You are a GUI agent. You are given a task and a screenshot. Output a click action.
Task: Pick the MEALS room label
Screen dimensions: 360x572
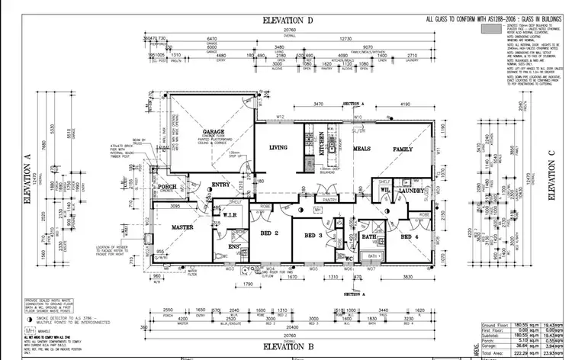point(361,149)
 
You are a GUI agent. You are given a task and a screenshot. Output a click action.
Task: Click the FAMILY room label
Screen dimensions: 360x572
point(403,149)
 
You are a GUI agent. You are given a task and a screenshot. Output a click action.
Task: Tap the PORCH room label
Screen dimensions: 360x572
point(166,187)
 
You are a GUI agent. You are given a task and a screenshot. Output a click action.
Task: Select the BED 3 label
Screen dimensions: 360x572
point(316,236)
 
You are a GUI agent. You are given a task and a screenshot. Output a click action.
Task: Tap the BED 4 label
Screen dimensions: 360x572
point(410,237)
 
